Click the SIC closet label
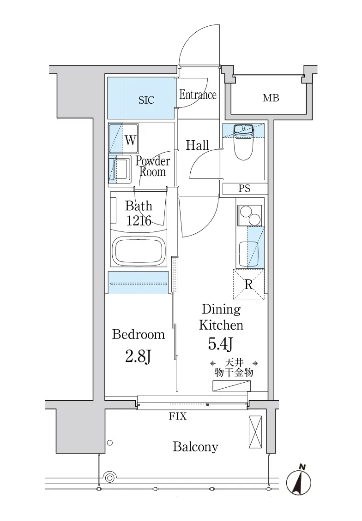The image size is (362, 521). coord(146,100)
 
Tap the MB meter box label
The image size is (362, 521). coord(271,98)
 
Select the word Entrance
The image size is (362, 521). coord(198,95)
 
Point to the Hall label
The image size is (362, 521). coord(198,145)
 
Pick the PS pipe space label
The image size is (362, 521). coord(245,189)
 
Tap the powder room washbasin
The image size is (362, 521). coord(120,169)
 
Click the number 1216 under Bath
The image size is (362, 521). coord(139,221)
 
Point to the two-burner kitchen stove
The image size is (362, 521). coord(250,215)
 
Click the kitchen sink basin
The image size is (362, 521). coord(249,255)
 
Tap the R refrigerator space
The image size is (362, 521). coord(248,285)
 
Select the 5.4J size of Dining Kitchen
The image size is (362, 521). coord(220,344)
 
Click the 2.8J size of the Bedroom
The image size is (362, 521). coord(139,356)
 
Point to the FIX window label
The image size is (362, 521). coord(178,416)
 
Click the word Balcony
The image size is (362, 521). coord(196,447)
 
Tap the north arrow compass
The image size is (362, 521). coord(299,481)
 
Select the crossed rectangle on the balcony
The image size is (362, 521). coord(255,432)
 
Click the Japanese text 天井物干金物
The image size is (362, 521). coord(234,367)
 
